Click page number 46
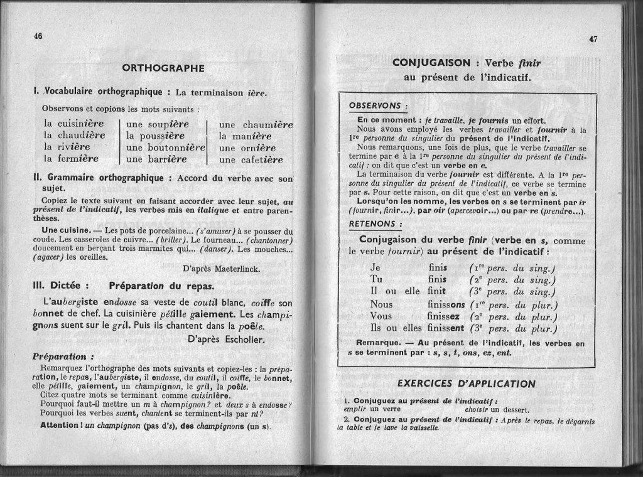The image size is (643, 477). tap(37, 36)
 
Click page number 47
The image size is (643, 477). tap(593, 39)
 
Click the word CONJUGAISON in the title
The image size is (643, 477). tap(430, 63)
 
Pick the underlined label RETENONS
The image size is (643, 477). tap(372, 223)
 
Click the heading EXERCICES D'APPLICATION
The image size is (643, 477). tap(467, 383)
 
